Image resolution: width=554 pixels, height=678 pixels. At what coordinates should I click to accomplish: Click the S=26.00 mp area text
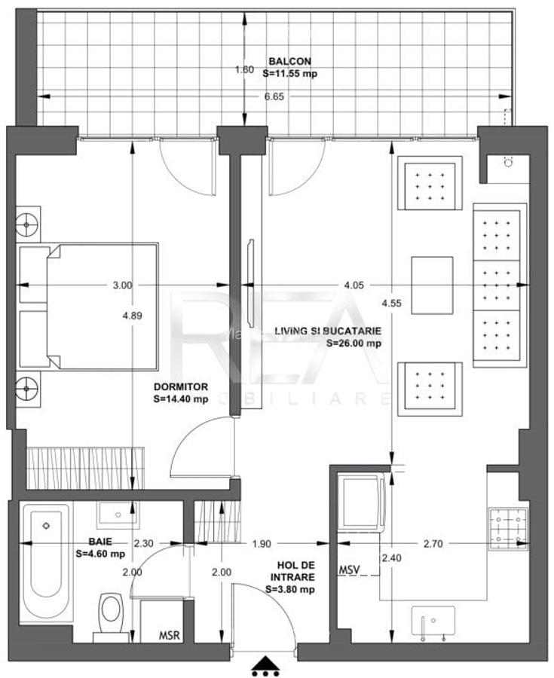[x=354, y=343]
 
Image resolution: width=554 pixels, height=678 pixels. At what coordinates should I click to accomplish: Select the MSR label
[x=169, y=635]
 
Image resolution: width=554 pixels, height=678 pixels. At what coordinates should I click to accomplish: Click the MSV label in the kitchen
[x=348, y=569]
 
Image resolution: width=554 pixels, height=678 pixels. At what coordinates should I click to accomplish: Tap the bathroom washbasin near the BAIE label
[x=118, y=514]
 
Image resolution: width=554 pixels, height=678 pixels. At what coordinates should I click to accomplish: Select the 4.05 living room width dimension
[x=354, y=285]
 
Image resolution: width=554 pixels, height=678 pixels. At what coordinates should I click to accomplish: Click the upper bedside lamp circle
[x=28, y=224]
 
